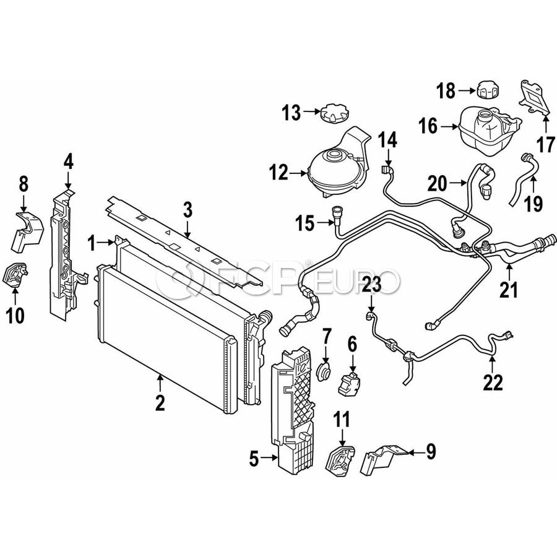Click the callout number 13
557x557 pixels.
[291, 113]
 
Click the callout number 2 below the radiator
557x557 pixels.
[160, 403]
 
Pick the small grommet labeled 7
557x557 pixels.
[324, 371]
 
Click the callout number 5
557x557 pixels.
[253, 459]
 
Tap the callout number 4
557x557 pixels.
[68, 162]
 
